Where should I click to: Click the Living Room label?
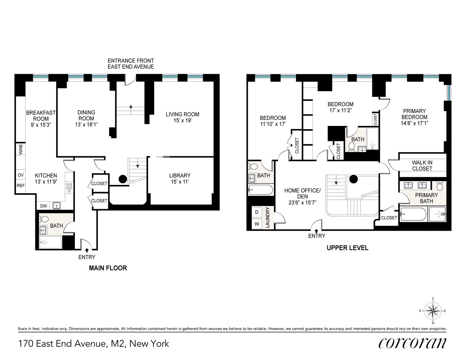[x=182, y=114]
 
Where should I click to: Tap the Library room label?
[x=180, y=176]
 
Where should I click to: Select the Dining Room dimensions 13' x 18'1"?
[x=86, y=125]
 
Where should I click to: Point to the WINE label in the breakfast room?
[x=21, y=149]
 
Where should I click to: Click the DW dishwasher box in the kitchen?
[x=44, y=206]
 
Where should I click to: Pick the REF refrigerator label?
[x=21, y=186]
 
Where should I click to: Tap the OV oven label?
[x=21, y=175]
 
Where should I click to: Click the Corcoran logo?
[x=412, y=343]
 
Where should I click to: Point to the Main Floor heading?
[x=108, y=268]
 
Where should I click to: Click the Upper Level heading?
[x=347, y=248]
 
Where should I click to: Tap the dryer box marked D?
[x=257, y=212]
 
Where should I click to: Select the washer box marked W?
[x=257, y=224]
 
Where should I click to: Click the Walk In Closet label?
[x=422, y=166]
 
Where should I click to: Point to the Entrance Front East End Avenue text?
[x=131, y=64]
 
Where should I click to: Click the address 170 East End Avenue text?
[x=94, y=343]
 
